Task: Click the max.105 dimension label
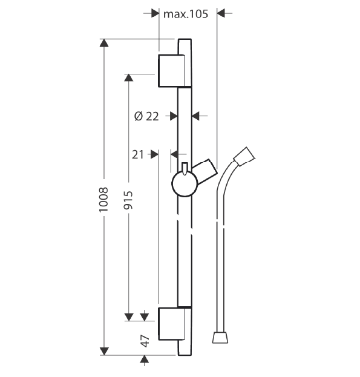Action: tap(186, 14)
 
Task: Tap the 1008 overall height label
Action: tap(104, 200)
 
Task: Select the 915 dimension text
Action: tap(128, 200)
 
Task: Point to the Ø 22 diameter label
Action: tap(146, 116)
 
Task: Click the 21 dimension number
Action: tap(138, 154)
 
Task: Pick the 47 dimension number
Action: tap(145, 341)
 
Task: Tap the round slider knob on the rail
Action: tap(185, 184)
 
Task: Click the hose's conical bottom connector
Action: tap(220, 338)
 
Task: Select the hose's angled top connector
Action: tap(244, 156)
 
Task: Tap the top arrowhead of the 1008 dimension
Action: tap(104, 43)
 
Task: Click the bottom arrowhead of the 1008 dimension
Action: tap(104, 351)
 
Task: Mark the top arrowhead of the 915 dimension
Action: tap(128, 77)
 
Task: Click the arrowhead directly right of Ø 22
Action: tap(196, 116)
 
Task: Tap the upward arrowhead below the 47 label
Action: tap(144, 359)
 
